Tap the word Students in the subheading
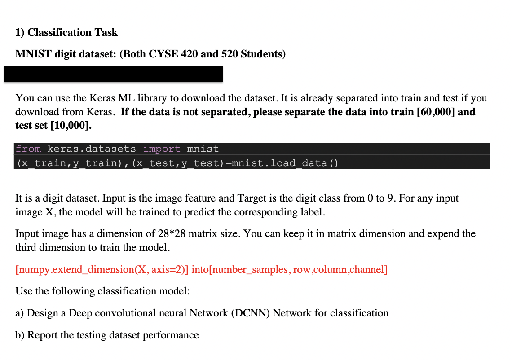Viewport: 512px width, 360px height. coord(263,54)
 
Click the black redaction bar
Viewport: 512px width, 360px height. coord(113,74)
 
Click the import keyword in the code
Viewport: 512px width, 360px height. coord(162,149)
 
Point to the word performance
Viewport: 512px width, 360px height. coord(171,335)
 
